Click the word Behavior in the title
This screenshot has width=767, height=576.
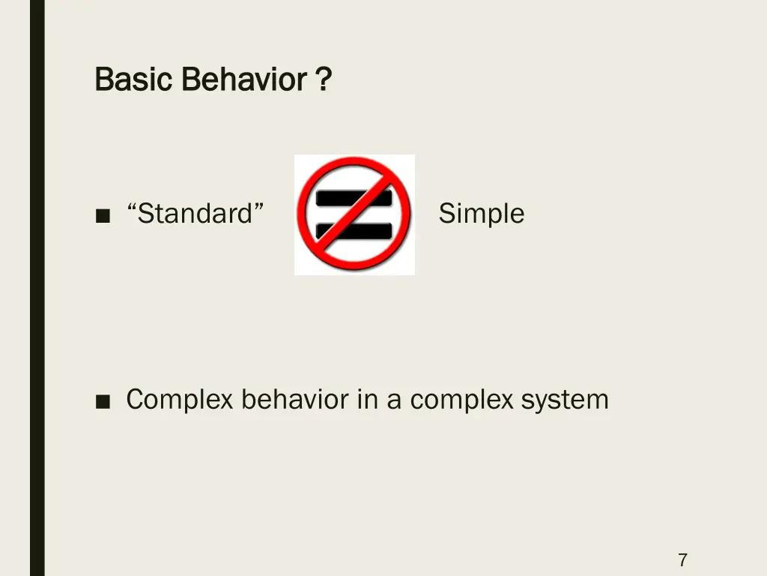pos(243,79)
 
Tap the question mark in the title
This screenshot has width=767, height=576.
pos(323,79)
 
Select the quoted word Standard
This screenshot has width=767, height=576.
pos(195,214)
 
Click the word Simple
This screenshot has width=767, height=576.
pos(481,214)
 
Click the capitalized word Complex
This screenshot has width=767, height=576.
pos(180,400)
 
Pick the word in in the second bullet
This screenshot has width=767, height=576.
pos(367,400)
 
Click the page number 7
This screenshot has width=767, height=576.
pos(682,559)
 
